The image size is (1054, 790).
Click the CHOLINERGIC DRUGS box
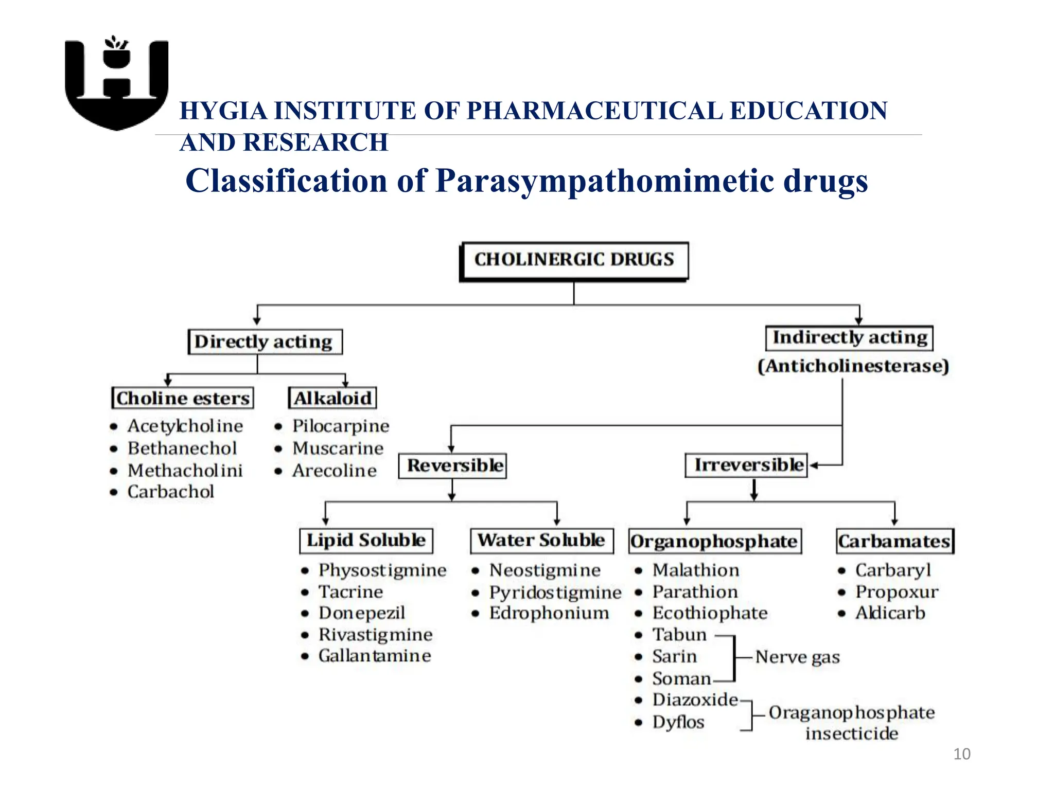(x=573, y=260)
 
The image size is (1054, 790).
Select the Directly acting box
(x=265, y=342)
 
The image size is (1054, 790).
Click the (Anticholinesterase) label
(x=853, y=366)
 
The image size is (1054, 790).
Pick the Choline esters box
(x=183, y=398)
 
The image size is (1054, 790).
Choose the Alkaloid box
(x=332, y=398)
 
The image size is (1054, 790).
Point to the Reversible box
(x=453, y=465)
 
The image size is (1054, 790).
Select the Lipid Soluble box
(x=366, y=541)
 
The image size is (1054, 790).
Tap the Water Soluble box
(x=541, y=541)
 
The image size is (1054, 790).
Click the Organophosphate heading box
(x=714, y=542)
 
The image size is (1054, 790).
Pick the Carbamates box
(x=894, y=542)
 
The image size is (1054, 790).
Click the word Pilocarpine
(x=341, y=426)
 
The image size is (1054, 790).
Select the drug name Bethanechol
(x=182, y=448)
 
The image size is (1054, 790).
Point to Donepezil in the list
(x=362, y=613)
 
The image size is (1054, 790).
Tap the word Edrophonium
(x=549, y=613)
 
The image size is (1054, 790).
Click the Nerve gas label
(x=797, y=657)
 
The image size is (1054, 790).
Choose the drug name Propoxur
(x=897, y=592)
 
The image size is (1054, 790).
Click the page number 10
(x=961, y=754)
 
